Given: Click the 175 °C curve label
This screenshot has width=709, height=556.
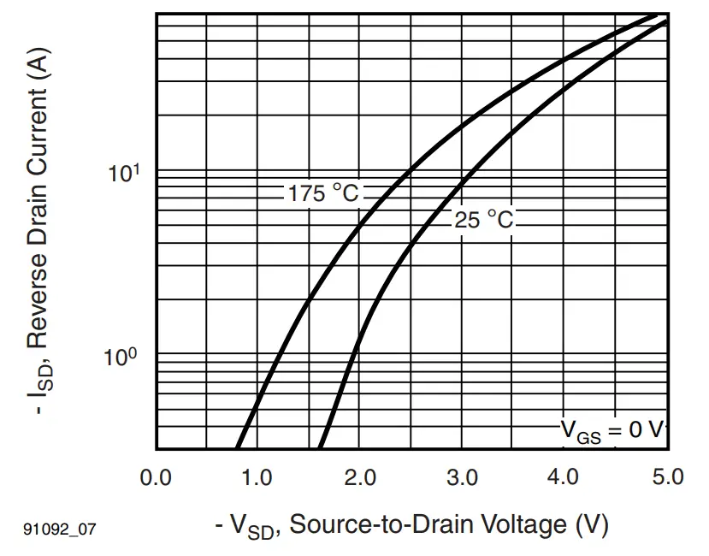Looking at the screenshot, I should click(322, 194).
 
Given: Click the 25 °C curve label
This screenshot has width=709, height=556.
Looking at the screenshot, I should click(484, 221).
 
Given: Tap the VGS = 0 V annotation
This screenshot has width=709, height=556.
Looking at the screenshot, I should click(612, 429).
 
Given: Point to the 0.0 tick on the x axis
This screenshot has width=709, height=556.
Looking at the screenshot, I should click(156, 477).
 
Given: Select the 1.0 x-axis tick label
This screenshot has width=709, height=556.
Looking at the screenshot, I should click(257, 477).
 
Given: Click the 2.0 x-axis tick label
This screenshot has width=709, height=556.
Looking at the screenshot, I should click(360, 477).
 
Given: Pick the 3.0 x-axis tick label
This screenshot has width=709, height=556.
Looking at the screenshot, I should click(463, 477).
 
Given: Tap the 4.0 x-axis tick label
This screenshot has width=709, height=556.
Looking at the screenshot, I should click(564, 477).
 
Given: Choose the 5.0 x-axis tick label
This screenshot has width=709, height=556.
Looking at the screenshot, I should click(666, 477).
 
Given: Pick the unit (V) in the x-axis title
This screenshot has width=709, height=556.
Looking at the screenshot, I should click(592, 524).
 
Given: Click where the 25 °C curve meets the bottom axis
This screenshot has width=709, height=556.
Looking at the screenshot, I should click(319, 448).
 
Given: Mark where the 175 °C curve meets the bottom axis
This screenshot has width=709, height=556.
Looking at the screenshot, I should click(237, 448).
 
